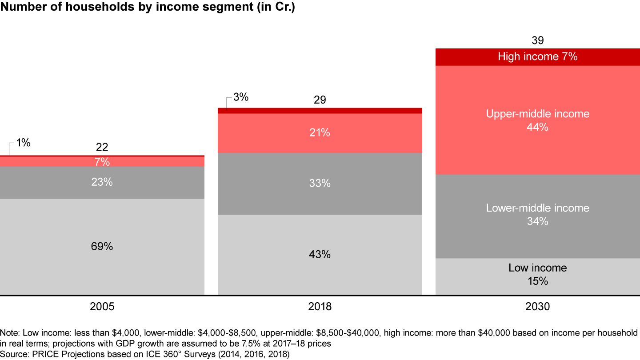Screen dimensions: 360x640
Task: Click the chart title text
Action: (147, 8)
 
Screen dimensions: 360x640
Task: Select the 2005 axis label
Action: (102, 307)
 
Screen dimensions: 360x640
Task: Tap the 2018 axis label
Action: (320, 307)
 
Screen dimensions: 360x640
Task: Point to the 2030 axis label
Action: (537, 307)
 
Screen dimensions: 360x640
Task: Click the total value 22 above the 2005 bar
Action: (102, 148)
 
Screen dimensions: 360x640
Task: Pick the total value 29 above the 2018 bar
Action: (320, 100)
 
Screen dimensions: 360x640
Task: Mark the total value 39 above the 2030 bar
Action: (537, 41)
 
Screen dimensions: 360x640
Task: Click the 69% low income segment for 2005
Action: (102, 246)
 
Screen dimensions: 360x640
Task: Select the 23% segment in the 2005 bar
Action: (102, 182)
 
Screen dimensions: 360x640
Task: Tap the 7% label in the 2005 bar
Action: (102, 162)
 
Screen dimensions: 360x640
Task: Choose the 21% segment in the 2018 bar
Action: (320, 132)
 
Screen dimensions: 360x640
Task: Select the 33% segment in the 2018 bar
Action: (320, 183)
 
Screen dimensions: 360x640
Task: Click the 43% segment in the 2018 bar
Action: (320, 255)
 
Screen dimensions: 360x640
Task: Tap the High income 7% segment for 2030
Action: (537, 57)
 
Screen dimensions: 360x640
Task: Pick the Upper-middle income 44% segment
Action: (537, 120)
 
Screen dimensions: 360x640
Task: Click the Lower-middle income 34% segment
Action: (537, 215)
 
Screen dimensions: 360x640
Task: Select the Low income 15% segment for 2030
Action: (537, 275)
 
